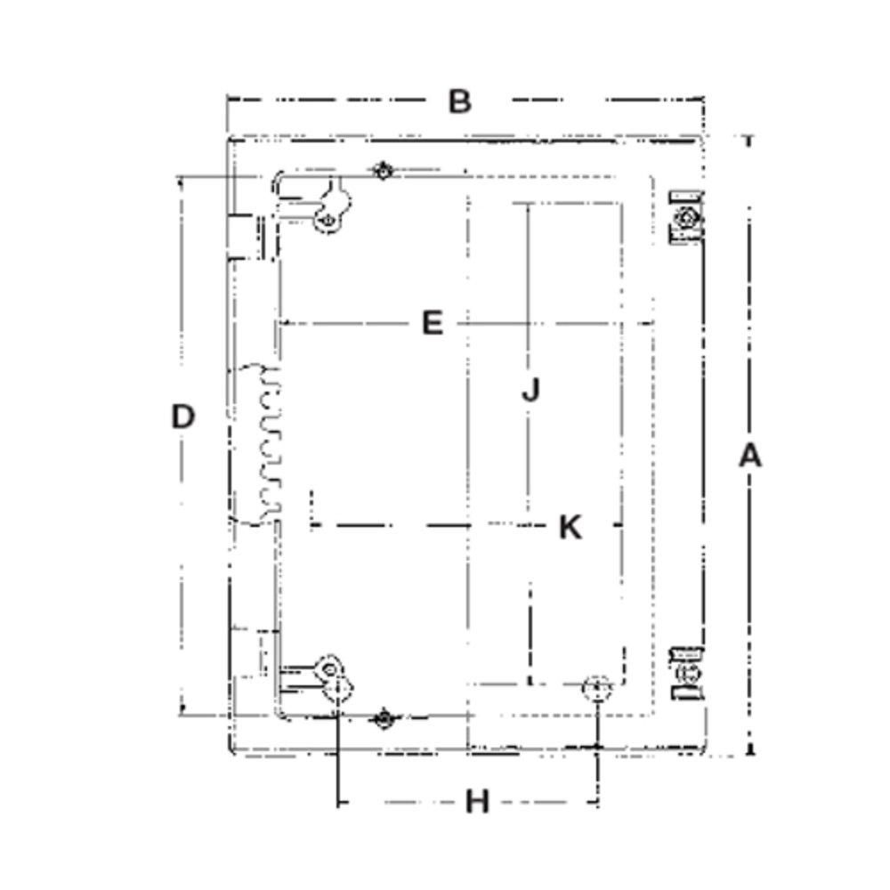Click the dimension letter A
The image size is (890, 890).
(750, 456)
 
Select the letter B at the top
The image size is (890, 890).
(459, 101)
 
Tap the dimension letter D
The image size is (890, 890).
(182, 417)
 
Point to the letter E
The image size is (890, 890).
(433, 323)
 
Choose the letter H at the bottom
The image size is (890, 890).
(478, 802)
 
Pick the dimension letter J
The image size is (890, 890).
(530, 390)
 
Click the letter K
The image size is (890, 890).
(570, 527)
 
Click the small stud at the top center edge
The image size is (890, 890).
(383, 171)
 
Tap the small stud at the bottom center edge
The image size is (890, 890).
(383, 718)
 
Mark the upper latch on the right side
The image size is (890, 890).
(686, 217)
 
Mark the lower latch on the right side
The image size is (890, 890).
(686, 672)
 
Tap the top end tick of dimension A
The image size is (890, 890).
(749, 138)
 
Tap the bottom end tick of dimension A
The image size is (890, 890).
(749, 755)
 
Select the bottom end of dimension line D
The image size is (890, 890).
(182, 713)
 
